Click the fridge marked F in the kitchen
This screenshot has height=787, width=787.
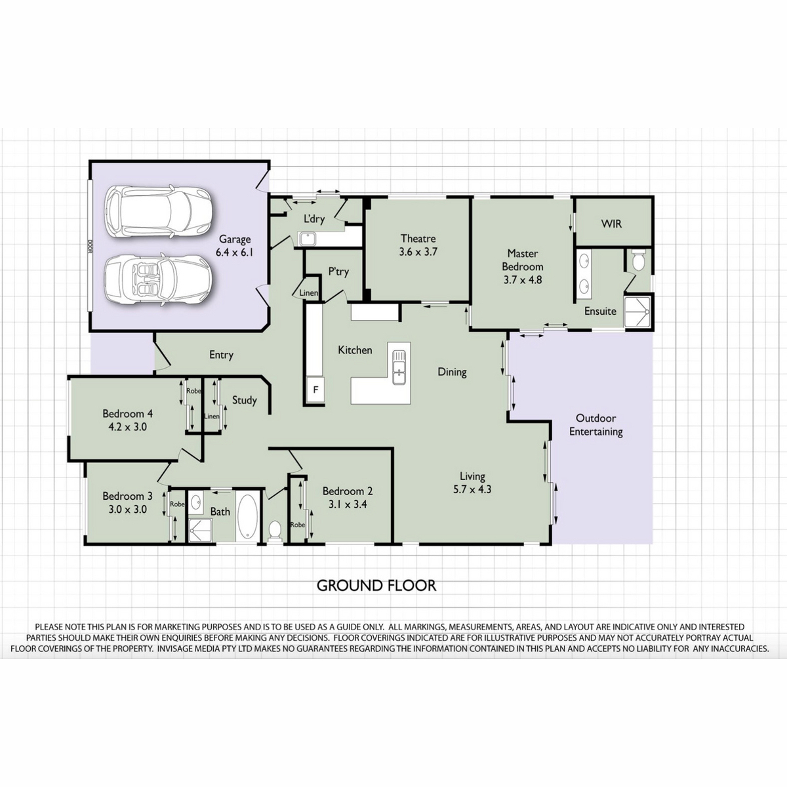click(x=315, y=389)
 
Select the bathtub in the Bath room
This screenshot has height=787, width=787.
click(x=247, y=516)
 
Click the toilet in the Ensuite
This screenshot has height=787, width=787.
click(x=637, y=260)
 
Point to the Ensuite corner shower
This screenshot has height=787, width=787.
click(x=637, y=312)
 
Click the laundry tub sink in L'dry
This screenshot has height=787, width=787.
click(x=306, y=239)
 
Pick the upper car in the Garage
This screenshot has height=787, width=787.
click(x=159, y=211)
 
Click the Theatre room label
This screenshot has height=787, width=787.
click(x=418, y=238)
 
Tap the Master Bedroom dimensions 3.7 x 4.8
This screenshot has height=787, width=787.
click(x=522, y=280)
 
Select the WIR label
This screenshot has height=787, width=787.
click(x=611, y=224)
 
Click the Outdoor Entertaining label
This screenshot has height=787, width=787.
click(x=596, y=425)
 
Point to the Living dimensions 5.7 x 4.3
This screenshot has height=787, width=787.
click(x=472, y=489)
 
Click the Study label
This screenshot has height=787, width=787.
click(x=244, y=400)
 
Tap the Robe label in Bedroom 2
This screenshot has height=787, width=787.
click(x=298, y=525)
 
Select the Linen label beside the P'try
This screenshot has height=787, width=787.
click(x=308, y=293)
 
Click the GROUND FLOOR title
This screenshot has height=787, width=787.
click(x=376, y=586)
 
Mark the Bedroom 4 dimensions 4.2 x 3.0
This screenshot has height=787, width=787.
click(x=127, y=427)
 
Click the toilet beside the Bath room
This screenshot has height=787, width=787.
click(x=274, y=531)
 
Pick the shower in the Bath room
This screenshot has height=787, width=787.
click(x=200, y=531)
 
